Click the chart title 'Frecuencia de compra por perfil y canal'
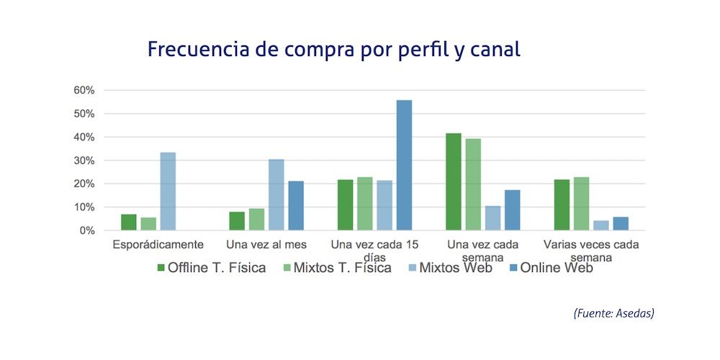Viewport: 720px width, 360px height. point(333,50)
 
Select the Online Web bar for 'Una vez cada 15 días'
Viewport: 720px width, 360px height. point(404,166)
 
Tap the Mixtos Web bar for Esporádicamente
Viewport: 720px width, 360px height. point(168,192)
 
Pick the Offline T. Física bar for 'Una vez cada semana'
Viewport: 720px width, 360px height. point(454,182)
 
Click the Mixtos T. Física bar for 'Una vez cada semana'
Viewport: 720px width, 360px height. point(473,184)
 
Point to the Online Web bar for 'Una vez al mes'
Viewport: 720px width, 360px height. point(296,206)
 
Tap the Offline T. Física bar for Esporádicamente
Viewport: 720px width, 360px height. point(129,222)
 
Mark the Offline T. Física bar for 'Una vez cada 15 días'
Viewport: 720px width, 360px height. point(346,205)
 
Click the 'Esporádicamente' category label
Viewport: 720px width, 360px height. point(158,245)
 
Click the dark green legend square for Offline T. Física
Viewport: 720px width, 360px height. point(161,269)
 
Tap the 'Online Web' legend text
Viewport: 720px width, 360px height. point(557,269)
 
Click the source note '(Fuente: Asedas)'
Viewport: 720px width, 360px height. point(613,313)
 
